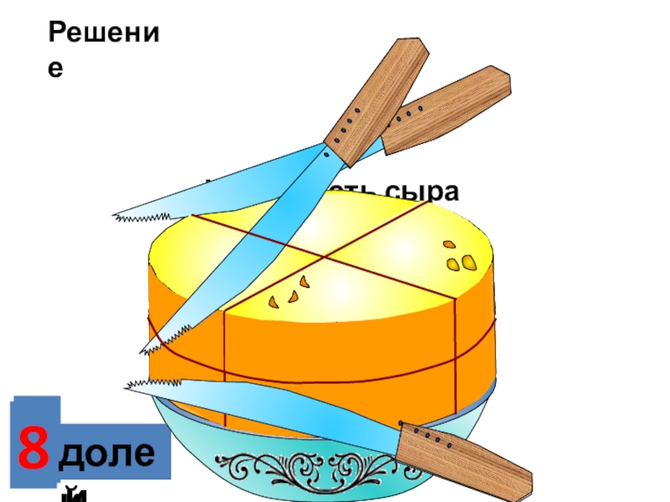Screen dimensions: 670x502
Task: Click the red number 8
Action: click(33, 452)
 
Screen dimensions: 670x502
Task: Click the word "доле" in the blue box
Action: click(109, 454)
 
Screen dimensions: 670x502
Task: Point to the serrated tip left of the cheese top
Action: click(126, 217)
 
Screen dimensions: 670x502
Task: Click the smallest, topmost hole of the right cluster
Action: click(449, 245)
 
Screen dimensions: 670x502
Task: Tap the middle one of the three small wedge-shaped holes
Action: click(293, 295)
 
